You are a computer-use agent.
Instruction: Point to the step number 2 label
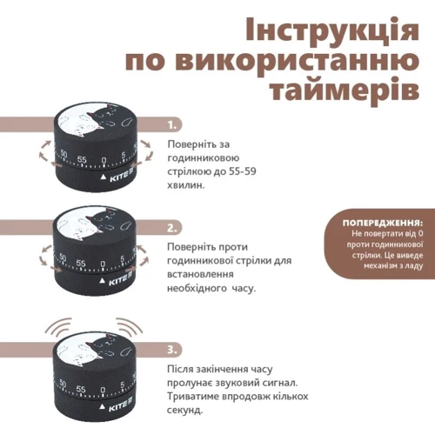tap(173, 228)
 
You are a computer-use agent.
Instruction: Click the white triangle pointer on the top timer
tap(102, 177)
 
